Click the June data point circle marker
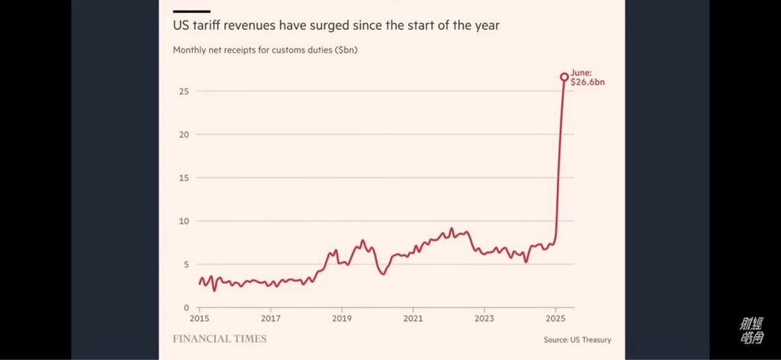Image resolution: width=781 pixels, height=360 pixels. [x=564, y=77]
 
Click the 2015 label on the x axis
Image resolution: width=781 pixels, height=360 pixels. [x=199, y=318]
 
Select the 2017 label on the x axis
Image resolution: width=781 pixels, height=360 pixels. [x=270, y=318]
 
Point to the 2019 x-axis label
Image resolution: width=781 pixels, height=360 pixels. [x=342, y=318]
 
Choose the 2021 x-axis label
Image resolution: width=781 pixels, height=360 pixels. [x=413, y=318]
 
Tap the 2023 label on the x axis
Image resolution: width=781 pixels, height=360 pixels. [x=484, y=318]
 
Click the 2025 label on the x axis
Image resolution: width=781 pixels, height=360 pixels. [x=555, y=318]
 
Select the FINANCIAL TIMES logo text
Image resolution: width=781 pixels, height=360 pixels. [x=220, y=339]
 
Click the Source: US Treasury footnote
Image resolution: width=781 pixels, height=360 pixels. [x=577, y=339]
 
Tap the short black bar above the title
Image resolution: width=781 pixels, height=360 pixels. [x=191, y=11]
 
